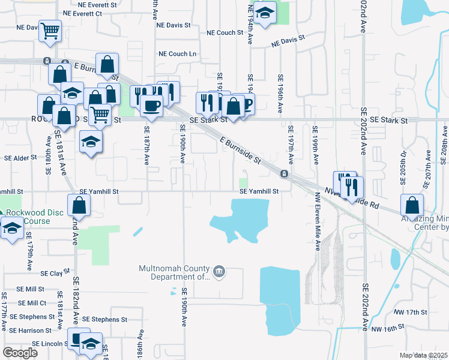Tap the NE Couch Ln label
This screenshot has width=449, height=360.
pos(178,53)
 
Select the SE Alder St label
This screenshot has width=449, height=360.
pos(21,158)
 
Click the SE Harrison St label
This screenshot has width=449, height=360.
pos(26,331)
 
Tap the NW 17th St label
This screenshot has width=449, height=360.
pos(410,313)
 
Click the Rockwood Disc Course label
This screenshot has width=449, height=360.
pos(28,217)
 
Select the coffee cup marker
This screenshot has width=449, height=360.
pos(151,106)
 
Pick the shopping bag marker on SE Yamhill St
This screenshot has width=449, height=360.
pos(80,205)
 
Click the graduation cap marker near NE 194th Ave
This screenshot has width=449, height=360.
pos(264,13)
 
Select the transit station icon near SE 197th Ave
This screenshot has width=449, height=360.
pos(283,174)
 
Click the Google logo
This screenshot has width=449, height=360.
pos(20,353)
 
